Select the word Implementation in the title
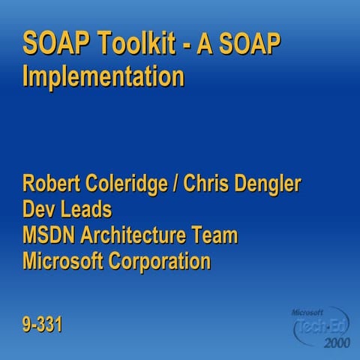(x=103, y=76)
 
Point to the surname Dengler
(x=272, y=184)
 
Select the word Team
(x=216, y=235)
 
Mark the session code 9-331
(x=42, y=325)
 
